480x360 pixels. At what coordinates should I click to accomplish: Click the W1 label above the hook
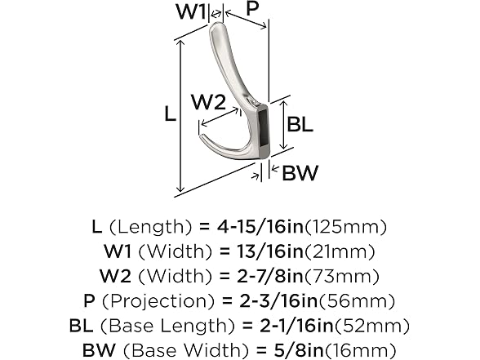pos(190,11)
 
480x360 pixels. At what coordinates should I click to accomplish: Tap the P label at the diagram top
pos(252,8)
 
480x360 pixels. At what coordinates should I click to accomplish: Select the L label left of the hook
pos(170,113)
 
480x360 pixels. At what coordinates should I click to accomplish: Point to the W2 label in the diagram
pos(208,102)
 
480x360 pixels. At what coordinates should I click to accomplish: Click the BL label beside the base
pos(300,124)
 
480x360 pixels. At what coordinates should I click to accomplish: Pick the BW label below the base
pos(300,173)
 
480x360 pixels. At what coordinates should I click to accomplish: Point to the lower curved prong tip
pos(201,136)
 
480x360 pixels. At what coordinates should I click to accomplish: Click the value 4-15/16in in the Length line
pos(260,227)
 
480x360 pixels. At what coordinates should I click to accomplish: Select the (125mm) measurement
pos(346,227)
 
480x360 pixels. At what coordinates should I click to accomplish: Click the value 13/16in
pos(269,251)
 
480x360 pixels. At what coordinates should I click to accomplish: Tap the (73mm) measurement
pos(341,276)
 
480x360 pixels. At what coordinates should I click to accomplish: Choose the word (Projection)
pos(158,300)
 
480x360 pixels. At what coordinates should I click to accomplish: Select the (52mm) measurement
pos(372,326)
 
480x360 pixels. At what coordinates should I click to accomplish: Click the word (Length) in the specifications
pos(150,227)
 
